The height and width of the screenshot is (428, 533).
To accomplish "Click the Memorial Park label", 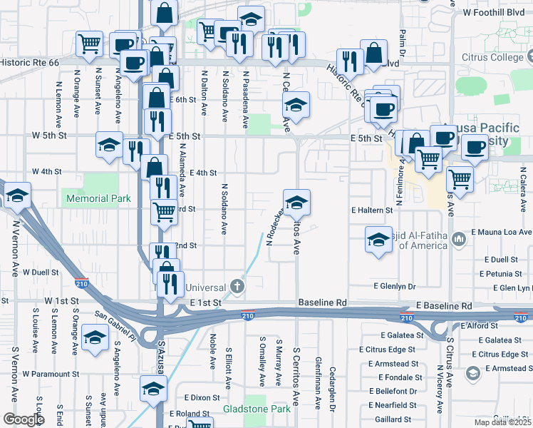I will (98, 198).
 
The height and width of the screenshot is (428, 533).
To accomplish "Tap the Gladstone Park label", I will (257, 409).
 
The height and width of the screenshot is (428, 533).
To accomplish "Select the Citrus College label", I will (482, 56).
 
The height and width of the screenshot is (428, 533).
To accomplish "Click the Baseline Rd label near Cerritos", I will (322, 302).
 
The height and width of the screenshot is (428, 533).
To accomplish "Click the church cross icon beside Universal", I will (237, 287).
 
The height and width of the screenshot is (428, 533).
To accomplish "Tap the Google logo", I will (24, 419).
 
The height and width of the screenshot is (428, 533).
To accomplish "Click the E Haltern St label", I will (371, 210).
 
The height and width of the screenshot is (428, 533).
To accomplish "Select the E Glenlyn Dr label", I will (394, 286).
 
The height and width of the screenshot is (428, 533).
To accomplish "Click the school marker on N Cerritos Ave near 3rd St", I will (296, 201).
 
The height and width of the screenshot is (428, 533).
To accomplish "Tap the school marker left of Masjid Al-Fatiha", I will (378, 239).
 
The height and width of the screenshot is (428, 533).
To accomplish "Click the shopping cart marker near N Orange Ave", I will (88, 44).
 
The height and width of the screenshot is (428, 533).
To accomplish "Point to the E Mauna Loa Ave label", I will (502, 233).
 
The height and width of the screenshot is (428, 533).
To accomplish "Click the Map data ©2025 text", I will (502, 422).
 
